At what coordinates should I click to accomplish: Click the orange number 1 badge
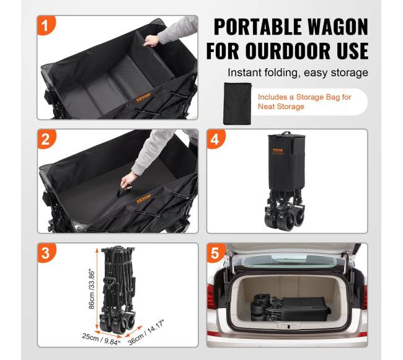[x=46, y=25]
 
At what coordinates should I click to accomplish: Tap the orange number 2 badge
[x=46, y=139]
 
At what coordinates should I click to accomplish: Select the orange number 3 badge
[x=46, y=253]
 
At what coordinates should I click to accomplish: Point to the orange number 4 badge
[x=215, y=139]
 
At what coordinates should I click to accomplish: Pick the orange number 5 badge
[x=215, y=253]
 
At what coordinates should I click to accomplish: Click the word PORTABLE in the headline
[x=258, y=27]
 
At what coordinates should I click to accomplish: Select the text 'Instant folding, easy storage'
[x=298, y=72]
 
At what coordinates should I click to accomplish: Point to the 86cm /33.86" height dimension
[x=92, y=289]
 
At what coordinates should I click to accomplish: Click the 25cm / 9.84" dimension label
[x=101, y=339]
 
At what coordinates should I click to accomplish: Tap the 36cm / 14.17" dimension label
[x=146, y=332]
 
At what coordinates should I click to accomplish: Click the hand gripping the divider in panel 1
[x=152, y=40]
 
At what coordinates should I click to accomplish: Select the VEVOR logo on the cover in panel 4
[x=278, y=151]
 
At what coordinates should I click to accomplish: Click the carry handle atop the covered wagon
[x=286, y=133]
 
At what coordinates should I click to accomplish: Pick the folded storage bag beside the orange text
[x=237, y=103]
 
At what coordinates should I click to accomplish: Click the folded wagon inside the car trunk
[x=290, y=308]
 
